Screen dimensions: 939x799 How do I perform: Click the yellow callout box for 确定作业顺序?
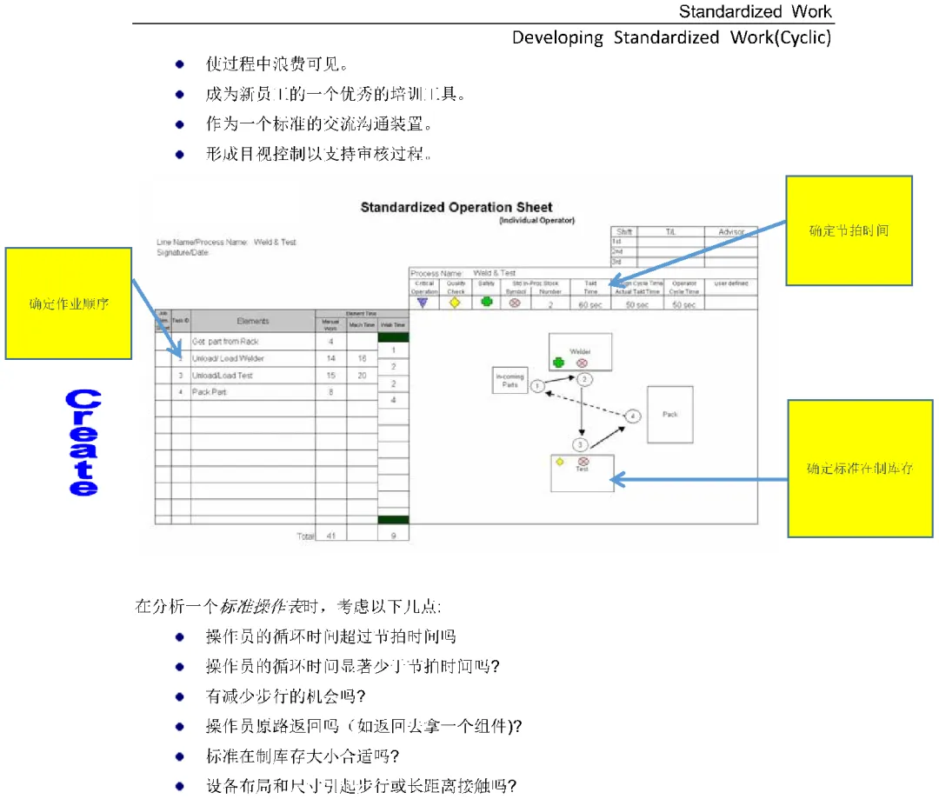69,303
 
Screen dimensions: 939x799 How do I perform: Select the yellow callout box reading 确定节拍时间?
849,230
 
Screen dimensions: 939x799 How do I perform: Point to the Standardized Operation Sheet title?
456,208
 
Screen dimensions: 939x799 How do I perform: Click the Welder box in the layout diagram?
580,353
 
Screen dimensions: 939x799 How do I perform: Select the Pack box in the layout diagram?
669,415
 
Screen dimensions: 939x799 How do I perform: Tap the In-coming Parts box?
509,380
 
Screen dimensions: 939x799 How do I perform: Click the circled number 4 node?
633,416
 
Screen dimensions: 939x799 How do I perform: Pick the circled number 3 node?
581,444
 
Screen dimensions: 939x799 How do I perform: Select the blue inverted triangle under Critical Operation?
423,303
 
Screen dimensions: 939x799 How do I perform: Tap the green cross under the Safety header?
486,303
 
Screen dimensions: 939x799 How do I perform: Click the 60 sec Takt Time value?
590,305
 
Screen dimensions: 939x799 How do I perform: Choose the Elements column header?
253,322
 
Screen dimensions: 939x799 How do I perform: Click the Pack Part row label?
209,392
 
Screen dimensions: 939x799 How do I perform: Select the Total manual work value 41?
330,536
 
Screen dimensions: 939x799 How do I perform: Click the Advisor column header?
730,232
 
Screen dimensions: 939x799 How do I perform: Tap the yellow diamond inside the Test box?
561,462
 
